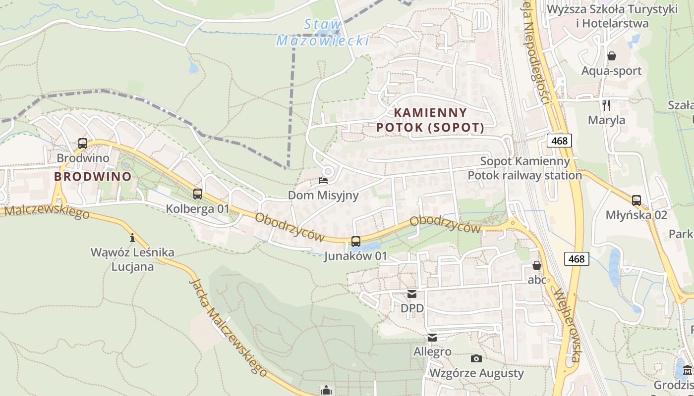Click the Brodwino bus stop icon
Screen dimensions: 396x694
83,144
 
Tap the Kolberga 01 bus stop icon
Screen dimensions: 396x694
198,194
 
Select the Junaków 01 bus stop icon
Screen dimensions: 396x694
356,242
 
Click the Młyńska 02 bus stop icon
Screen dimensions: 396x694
636,200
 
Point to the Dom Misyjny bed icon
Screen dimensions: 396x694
323,181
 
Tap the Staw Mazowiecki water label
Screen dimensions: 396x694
323,32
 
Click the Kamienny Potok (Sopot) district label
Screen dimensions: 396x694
430,120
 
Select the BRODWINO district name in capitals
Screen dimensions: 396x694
93,177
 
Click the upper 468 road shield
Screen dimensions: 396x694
560,141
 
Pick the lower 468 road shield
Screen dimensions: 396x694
577,258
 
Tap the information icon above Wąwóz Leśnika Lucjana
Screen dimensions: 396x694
132,238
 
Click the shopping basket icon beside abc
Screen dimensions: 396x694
536,266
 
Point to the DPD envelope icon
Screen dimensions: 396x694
412,294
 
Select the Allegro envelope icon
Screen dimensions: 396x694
432,338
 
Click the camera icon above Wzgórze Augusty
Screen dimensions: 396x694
476,358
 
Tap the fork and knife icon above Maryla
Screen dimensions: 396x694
606,105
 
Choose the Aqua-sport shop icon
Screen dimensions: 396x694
612,56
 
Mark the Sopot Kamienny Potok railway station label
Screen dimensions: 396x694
525,168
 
